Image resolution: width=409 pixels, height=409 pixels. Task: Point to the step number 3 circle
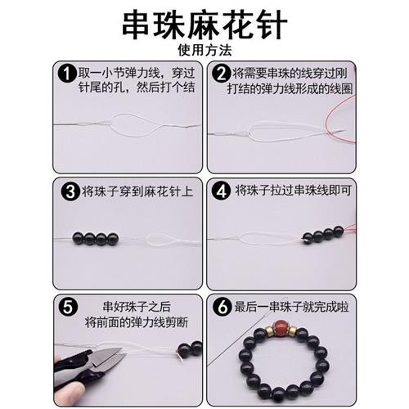(70, 193)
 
